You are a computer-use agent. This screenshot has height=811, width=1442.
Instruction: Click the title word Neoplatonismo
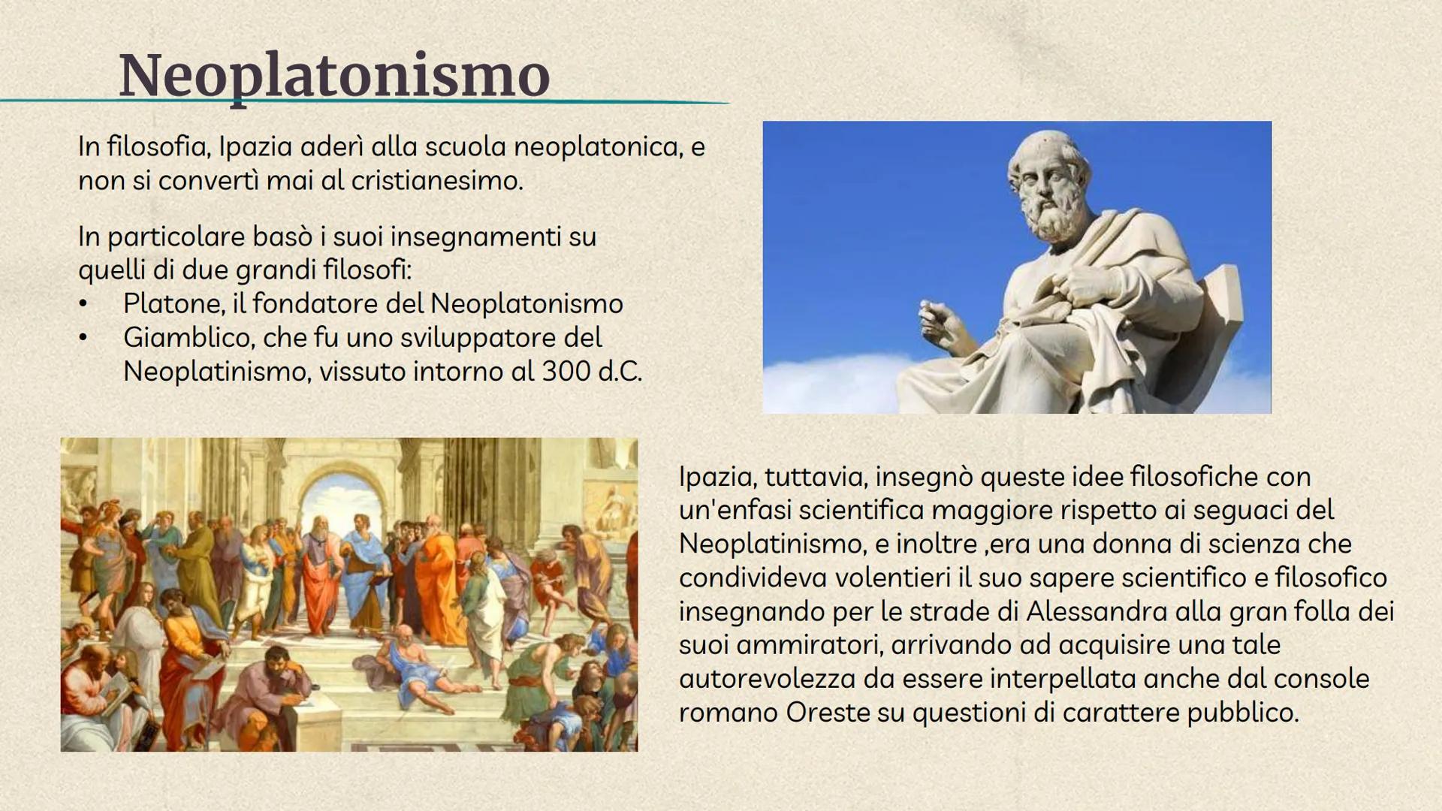coord(334,76)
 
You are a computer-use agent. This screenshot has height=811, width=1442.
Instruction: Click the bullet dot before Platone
coord(83,305)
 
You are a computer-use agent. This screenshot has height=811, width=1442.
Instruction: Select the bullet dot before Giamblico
coord(83,339)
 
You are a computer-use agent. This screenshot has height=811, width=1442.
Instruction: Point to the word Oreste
coord(828,713)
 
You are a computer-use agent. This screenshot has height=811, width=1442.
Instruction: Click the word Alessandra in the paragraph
coord(1097,611)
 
